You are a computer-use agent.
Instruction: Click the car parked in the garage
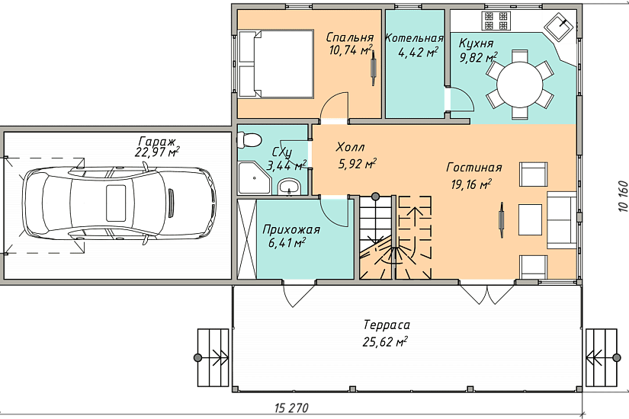click(120, 204)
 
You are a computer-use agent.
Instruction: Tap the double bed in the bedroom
click(275, 63)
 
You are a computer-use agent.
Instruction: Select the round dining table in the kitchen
click(520, 85)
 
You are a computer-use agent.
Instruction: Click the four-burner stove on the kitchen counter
click(496, 21)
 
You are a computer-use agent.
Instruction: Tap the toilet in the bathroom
click(249, 139)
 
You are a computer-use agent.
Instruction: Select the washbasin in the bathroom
click(289, 187)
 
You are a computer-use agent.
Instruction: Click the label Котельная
click(415, 38)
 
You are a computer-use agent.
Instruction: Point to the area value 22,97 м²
click(158, 152)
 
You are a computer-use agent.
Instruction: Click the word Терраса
click(387, 325)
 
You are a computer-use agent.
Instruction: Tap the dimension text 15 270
click(292, 408)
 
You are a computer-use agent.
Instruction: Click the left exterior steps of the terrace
click(213, 357)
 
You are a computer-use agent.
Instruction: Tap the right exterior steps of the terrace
click(602, 357)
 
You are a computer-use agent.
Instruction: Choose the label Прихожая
click(291, 230)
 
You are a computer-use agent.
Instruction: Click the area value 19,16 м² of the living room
click(471, 184)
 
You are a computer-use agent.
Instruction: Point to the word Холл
click(350, 147)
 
